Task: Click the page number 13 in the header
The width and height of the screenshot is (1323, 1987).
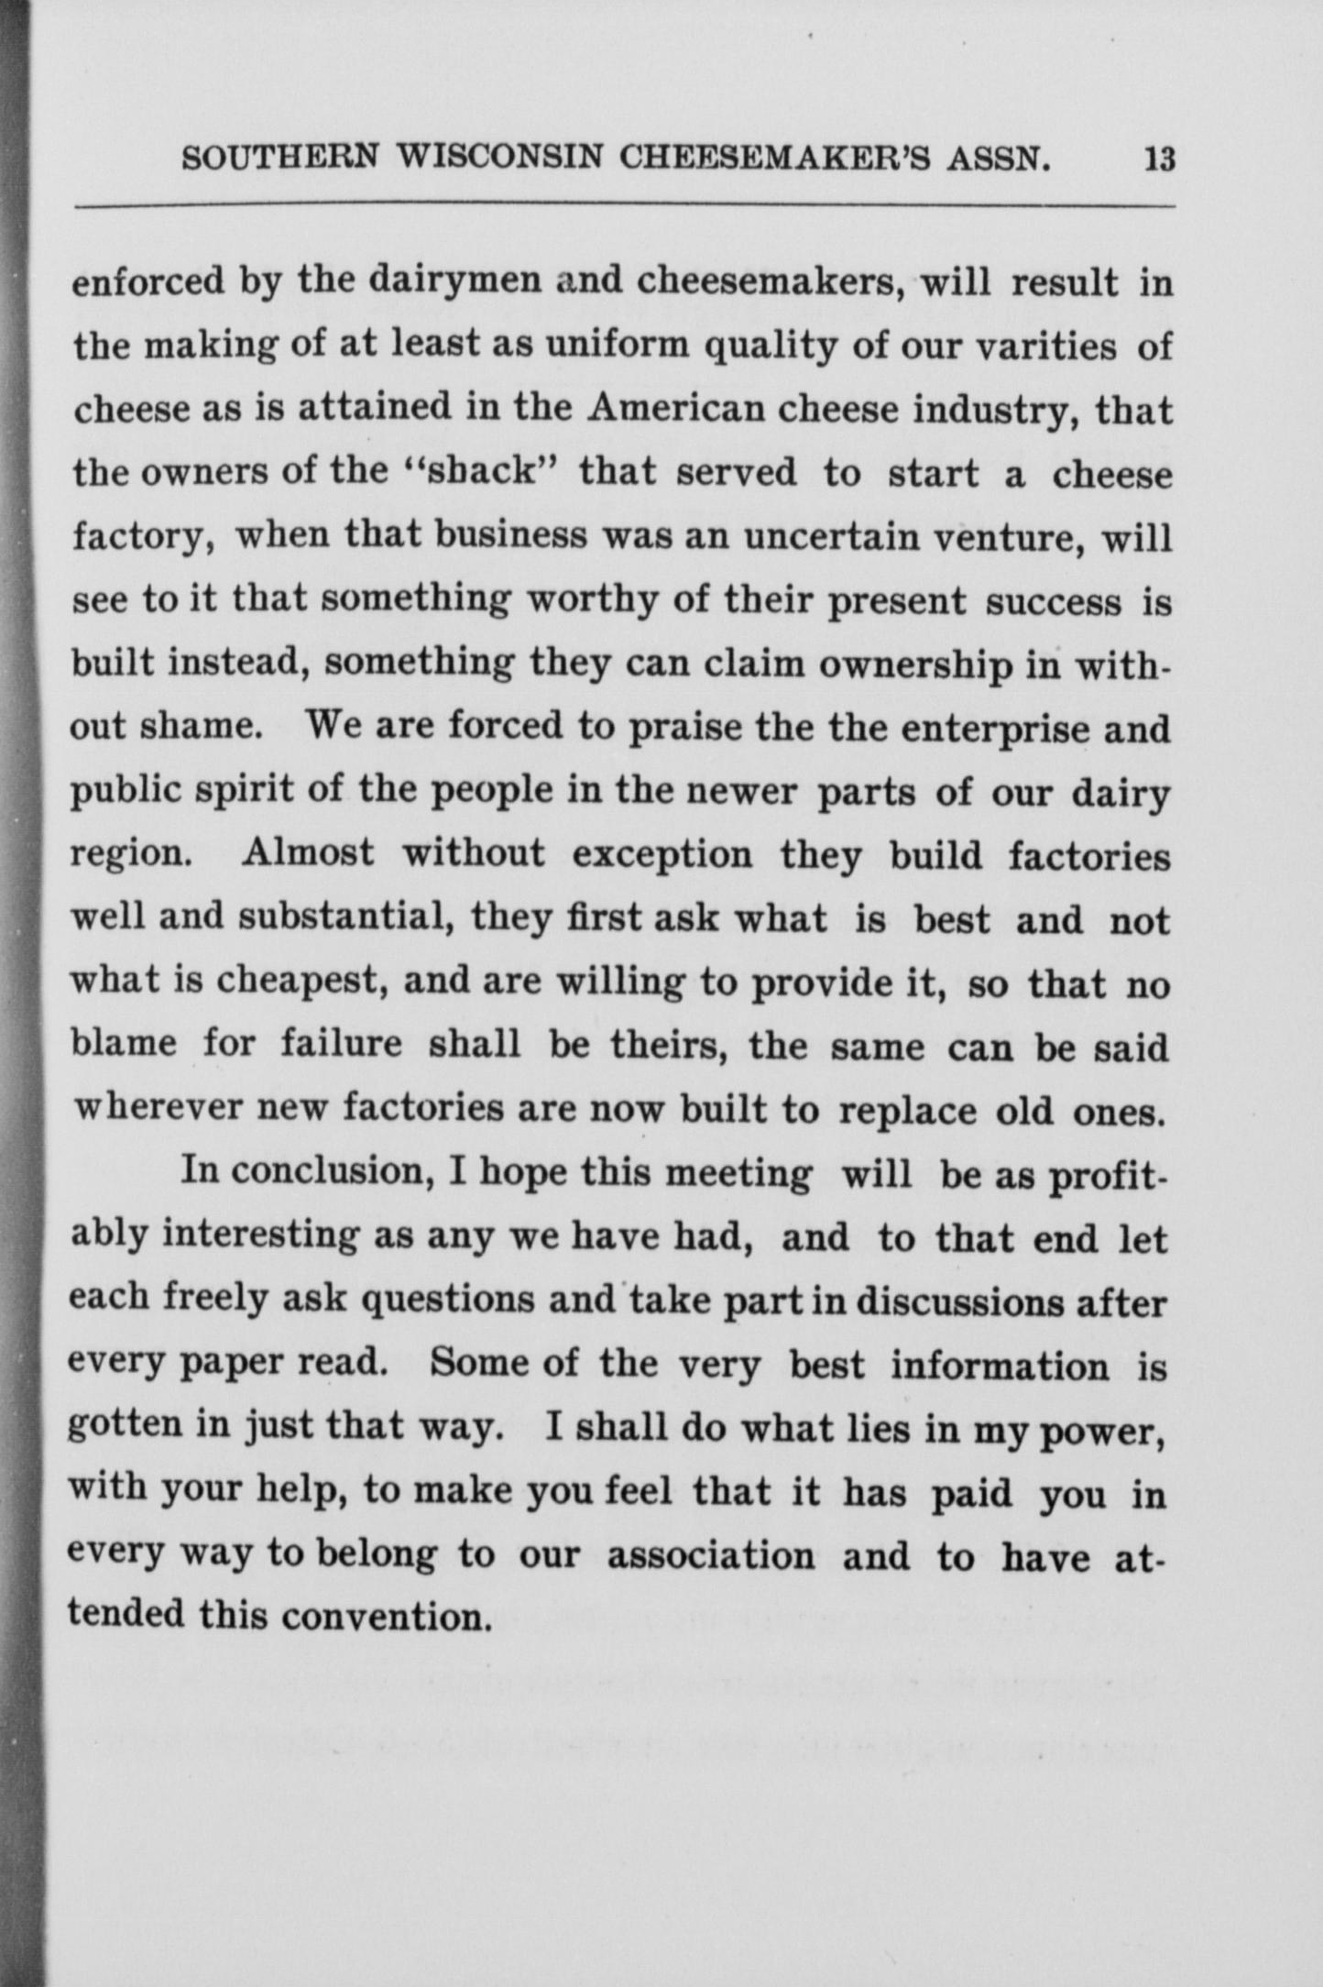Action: (1158, 159)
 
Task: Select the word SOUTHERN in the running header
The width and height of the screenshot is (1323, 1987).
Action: (279, 159)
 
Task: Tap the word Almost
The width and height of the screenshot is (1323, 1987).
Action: (308, 854)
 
